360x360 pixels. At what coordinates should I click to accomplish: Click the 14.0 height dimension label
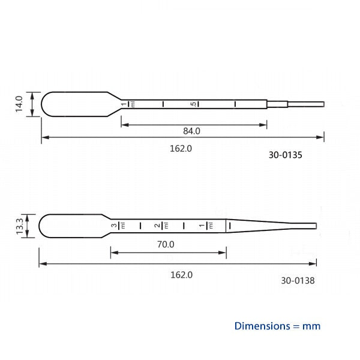tap(19, 104)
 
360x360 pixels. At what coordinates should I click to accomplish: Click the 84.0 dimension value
tap(191, 131)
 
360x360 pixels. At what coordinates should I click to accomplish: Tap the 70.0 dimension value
tap(166, 244)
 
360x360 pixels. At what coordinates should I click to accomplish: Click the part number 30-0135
tap(285, 155)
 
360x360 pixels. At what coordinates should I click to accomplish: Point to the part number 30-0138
tap(298, 280)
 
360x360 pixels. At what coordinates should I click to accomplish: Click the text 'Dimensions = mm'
tap(277, 326)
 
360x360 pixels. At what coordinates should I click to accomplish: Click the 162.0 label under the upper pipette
tap(181, 148)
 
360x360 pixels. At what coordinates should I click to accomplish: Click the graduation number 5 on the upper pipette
tap(193, 104)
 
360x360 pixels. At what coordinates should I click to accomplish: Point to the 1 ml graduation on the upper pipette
tap(124, 104)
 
